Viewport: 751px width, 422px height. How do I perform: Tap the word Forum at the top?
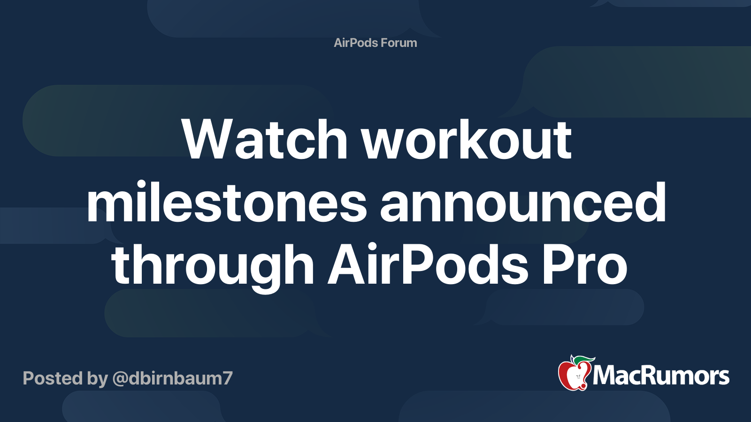(398, 43)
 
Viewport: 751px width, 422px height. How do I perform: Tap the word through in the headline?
(213, 266)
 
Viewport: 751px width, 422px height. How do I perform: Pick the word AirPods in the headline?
(427, 265)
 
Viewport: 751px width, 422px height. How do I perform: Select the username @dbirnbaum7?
(172, 378)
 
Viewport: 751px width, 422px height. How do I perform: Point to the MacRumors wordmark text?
(661, 376)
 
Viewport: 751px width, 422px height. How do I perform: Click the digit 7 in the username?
(227, 378)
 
